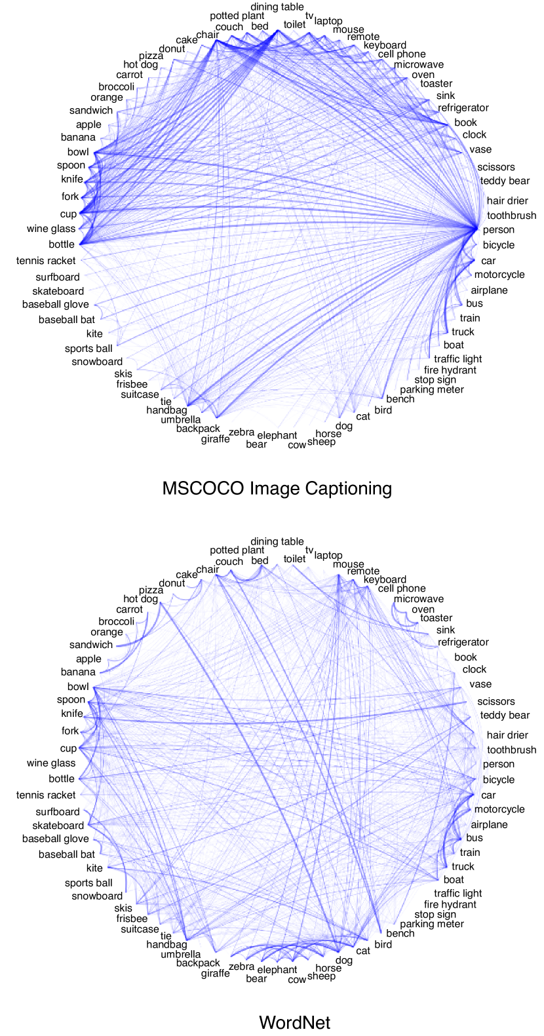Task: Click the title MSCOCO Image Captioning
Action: (277, 488)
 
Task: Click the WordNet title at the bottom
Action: (294, 1022)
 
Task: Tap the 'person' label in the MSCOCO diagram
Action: (498, 230)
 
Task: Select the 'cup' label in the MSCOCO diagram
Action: (68, 214)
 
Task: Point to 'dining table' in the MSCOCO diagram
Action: (277, 7)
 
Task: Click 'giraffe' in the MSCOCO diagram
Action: (215, 439)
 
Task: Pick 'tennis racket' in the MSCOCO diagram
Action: (46, 261)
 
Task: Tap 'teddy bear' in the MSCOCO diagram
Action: (504, 181)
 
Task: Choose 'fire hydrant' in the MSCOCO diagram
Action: (450, 370)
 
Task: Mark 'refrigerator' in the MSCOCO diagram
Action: (463, 108)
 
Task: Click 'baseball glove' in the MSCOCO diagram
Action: (55, 305)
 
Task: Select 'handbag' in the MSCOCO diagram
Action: (166, 411)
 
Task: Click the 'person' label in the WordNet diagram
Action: (498, 764)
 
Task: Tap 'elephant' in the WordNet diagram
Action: (277, 970)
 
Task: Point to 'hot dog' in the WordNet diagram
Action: (140, 599)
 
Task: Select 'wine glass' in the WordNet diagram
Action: (51, 763)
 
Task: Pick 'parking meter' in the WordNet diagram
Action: (431, 924)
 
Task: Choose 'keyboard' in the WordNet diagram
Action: (385, 579)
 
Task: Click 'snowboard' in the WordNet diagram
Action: (97, 896)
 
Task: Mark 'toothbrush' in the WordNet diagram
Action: (511, 750)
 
